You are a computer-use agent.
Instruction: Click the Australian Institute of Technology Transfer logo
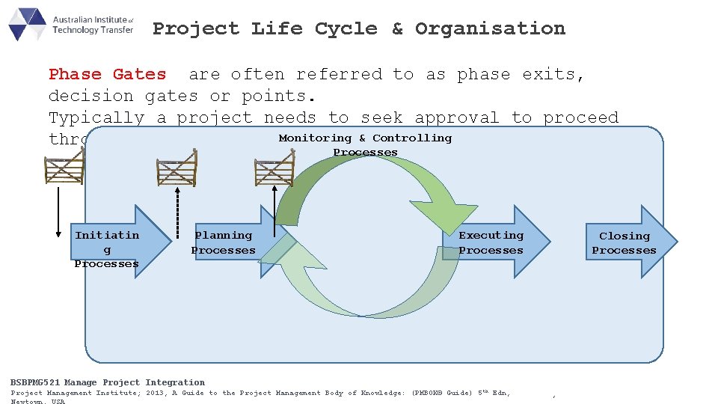(71, 24)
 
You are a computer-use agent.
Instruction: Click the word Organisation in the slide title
(490, 29)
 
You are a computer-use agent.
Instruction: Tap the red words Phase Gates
(107, 74)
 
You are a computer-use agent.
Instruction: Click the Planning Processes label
(224, 242)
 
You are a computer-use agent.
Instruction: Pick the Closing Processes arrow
(628, 242)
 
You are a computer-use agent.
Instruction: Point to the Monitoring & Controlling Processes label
(365, 144)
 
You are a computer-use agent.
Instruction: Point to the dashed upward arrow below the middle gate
(177, 212)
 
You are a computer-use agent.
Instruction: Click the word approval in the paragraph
(456, 117)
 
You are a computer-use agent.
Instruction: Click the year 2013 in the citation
(156, 393)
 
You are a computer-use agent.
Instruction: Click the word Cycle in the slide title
(346, 29)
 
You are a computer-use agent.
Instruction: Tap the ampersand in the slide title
(396, 29)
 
